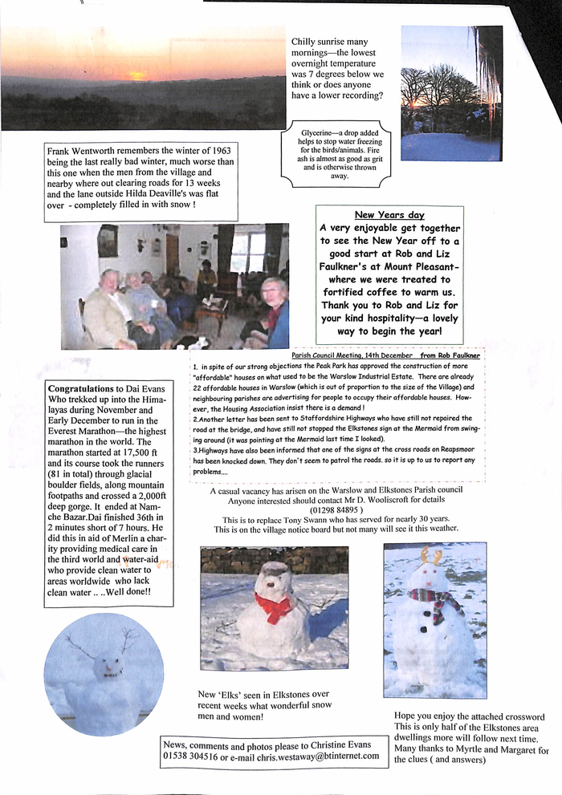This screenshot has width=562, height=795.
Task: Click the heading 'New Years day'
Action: pos(389,215)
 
